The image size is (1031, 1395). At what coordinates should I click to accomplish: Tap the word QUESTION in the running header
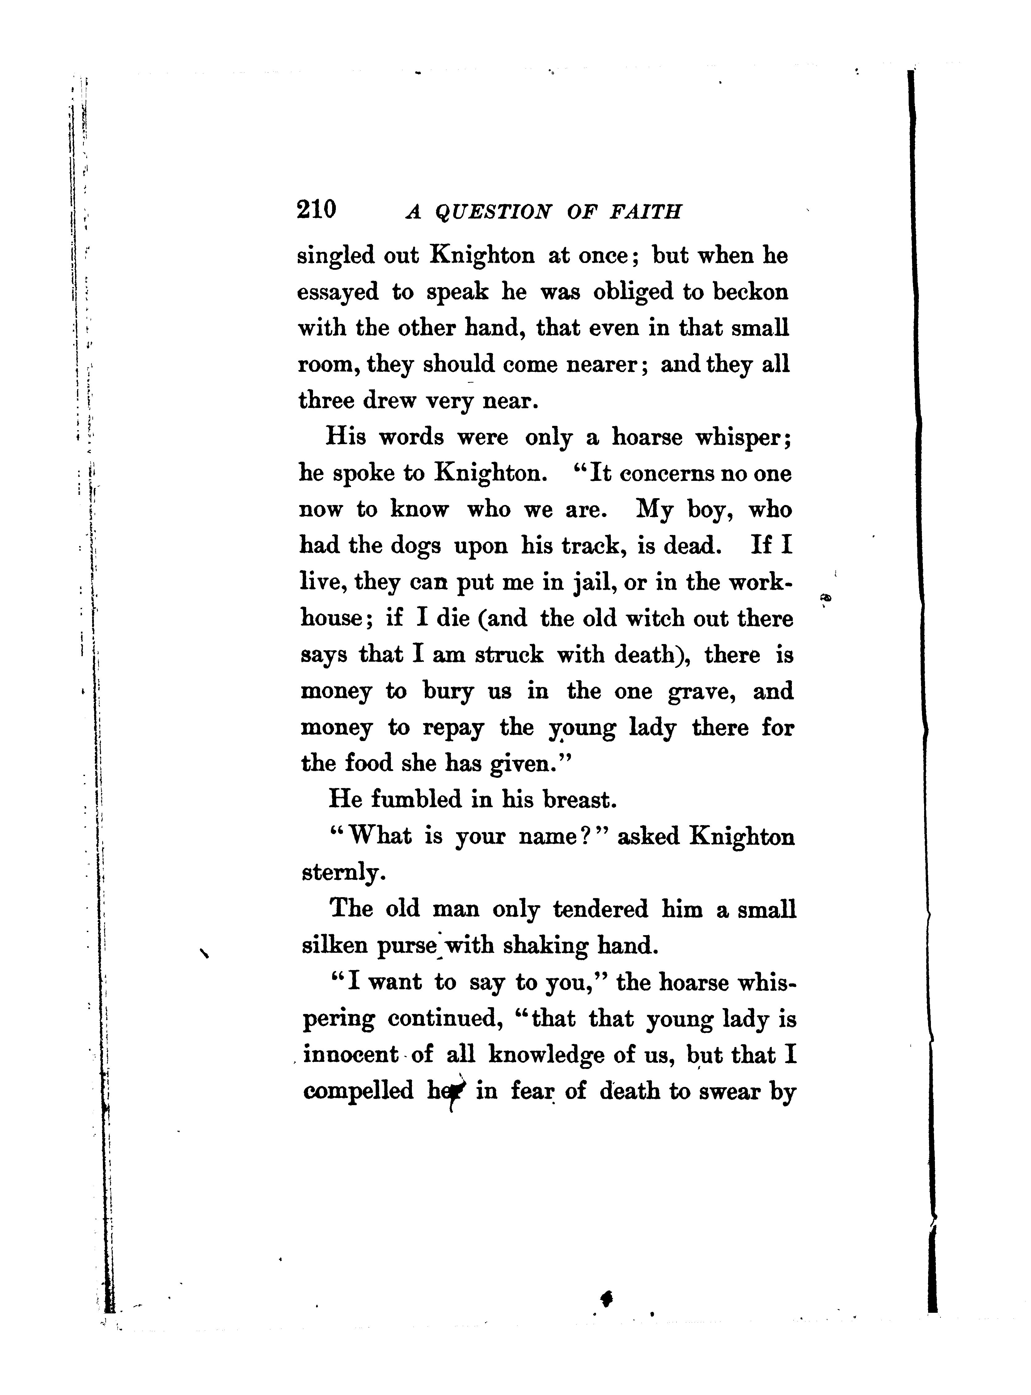[x=492, y=213]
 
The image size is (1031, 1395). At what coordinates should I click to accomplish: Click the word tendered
[x=600, y=909]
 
